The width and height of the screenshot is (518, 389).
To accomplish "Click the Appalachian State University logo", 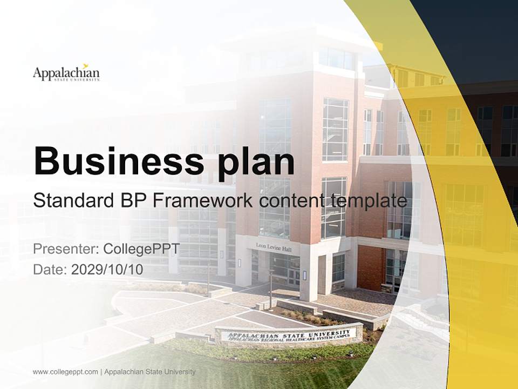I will [66, 73].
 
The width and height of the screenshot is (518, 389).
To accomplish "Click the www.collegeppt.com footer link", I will [65, 372].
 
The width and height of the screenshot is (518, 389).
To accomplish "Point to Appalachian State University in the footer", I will [149, 372].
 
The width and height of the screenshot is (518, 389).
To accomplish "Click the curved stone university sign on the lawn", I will [289, 336].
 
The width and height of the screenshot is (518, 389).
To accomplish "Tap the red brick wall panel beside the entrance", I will [371, 267].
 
